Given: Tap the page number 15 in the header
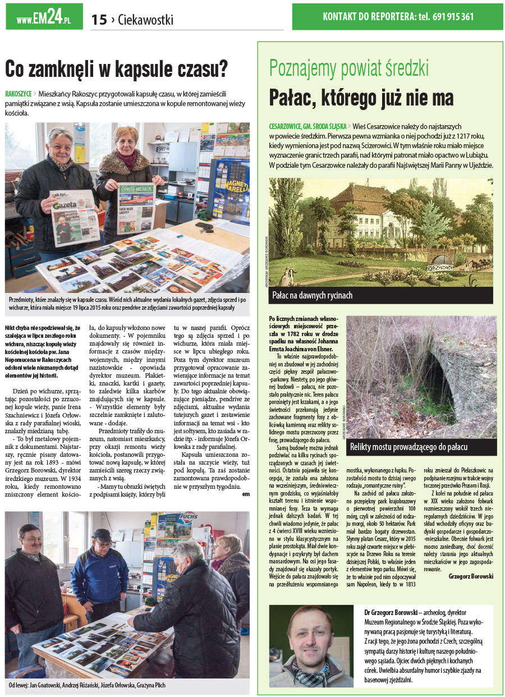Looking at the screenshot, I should tap(99, 20).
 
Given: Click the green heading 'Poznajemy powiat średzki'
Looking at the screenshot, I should tap(348, 68).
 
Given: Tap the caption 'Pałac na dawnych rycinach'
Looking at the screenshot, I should tap(312, 295).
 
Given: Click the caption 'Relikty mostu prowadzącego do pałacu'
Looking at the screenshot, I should tap(408, 447).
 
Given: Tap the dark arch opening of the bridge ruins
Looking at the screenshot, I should tap(438, 382).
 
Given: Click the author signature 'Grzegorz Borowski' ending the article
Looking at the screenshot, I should tap(471, 576).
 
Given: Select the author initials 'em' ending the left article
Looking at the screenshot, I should tap(245, 494).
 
